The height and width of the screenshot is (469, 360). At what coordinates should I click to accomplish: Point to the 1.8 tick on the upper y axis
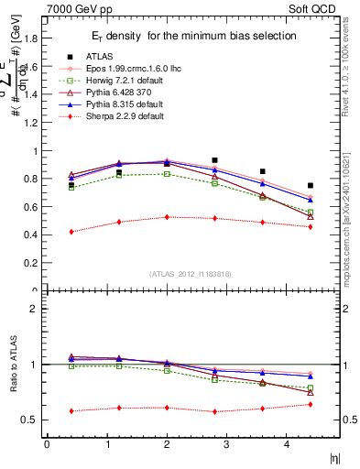point(31,39)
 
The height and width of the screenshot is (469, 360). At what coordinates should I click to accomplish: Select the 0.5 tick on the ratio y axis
point(31,420)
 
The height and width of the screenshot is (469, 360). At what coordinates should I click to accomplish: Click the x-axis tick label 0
point(47,444)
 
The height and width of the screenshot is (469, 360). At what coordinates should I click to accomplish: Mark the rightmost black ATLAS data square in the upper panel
point(311,185)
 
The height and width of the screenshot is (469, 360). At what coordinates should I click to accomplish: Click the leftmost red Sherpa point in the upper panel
point(71,232)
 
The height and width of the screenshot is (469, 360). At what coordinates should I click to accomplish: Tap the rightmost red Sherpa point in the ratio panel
point(311,404)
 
